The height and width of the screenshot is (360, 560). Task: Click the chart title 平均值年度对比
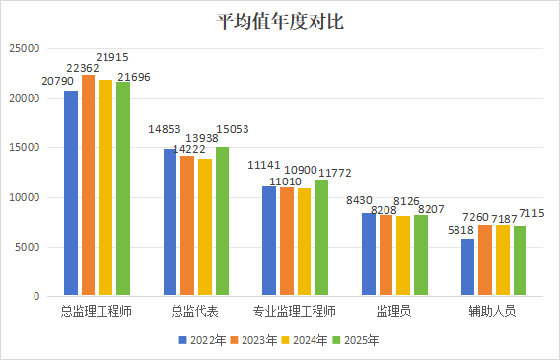click(x=280, y=22)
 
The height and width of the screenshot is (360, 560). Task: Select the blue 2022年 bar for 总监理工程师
click(x=71, y=193)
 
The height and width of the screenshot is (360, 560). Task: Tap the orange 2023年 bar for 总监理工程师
click(x=88, y=185)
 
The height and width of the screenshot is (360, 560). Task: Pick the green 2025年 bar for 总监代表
click(x=222, y=221)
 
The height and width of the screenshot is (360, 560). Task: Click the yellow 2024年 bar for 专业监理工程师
click(x=304, y=242)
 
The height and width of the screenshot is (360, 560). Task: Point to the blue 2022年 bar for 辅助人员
click(x=468, y=266)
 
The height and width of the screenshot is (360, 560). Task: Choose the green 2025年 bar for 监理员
click(x=421, y=255)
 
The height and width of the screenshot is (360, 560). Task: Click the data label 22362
click(x=83, y=68)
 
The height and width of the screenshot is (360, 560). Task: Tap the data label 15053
click(x=233, y=129)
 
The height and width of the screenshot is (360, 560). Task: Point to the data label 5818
click(x=460, y=230)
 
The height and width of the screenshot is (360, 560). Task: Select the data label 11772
click(x=335, y=173)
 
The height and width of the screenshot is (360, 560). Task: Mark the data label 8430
click(x=359, y=200)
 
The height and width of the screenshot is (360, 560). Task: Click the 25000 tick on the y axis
click(x=25, y=48)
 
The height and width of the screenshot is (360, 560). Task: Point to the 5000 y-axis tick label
click(x=28, y=247)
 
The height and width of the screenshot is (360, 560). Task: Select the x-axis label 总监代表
click(x=194, y=311)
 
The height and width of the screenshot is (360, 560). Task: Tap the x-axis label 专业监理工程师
click(x=295, y=311)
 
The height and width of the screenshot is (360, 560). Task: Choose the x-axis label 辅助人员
click(x=493, y=311)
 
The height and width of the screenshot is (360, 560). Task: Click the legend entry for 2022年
click(x=202, y=340)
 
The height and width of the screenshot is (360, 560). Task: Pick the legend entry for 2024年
click(x=305, y=340)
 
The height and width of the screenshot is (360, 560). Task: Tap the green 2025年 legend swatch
click(x=336, y=340)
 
